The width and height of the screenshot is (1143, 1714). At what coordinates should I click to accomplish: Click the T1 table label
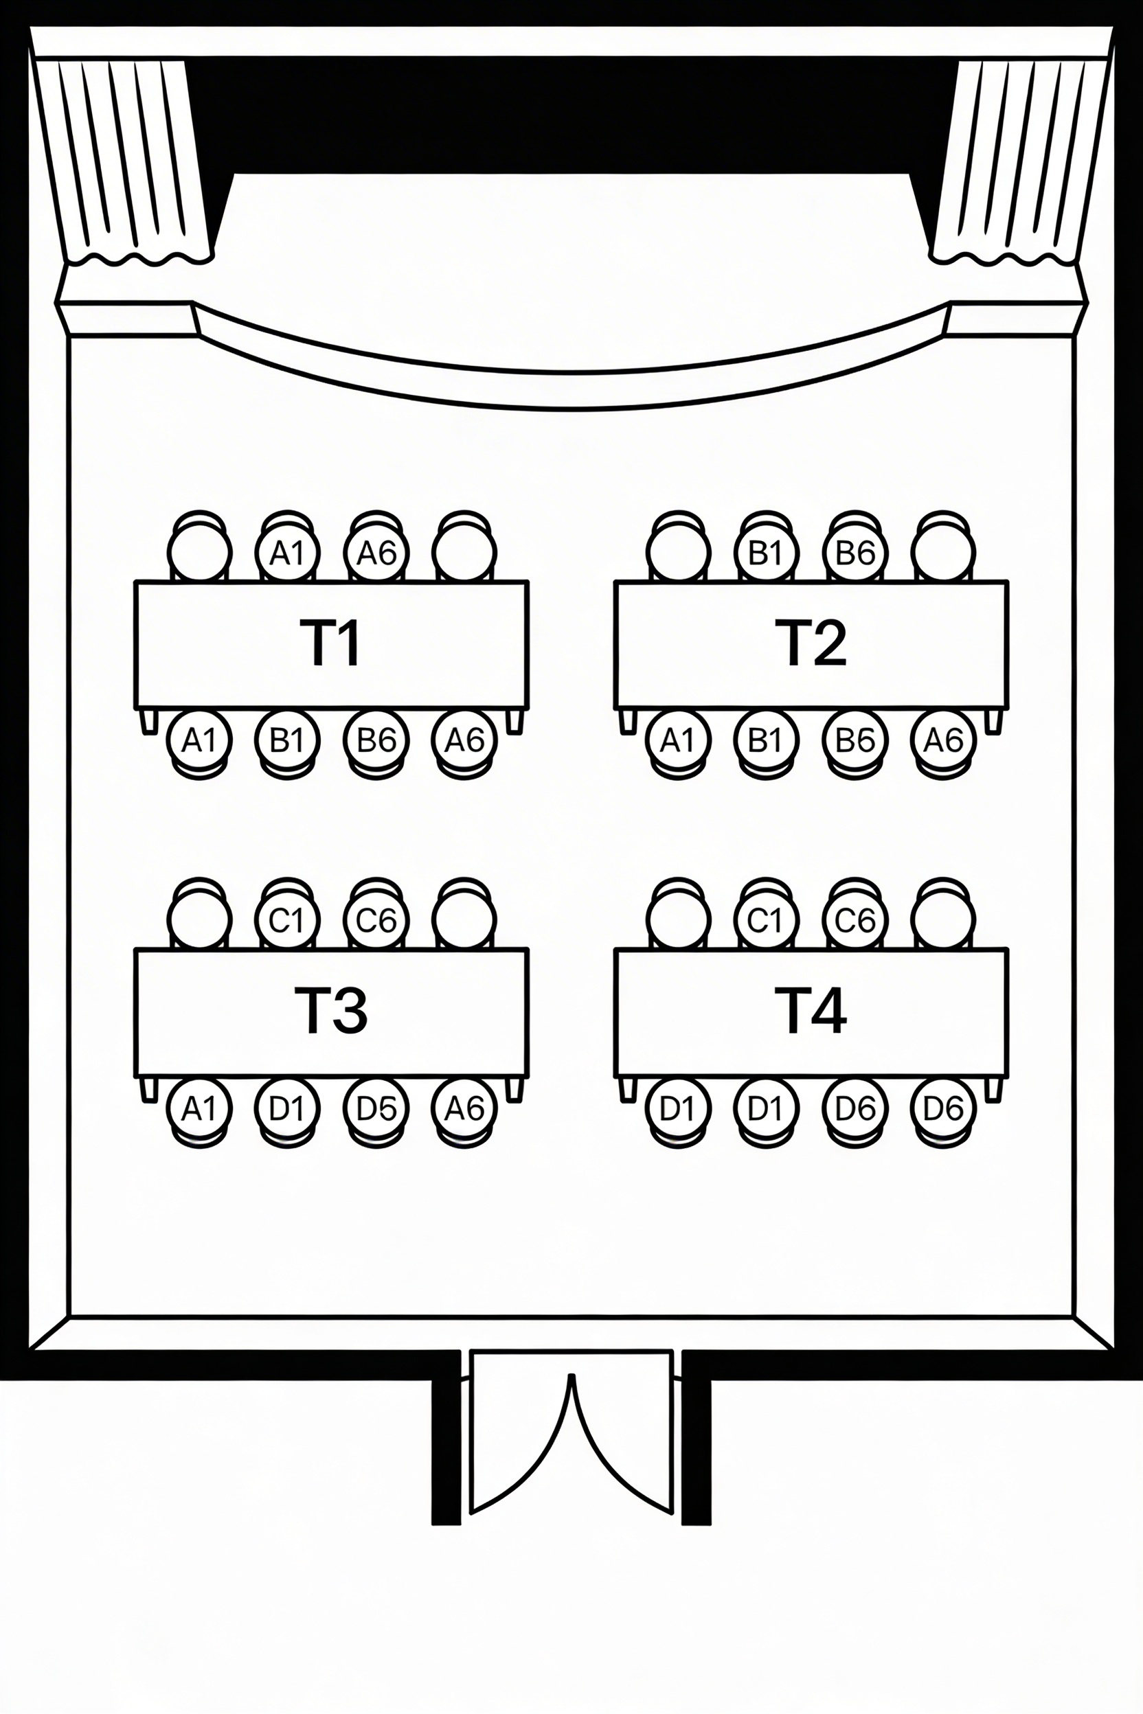(x=331, y=643)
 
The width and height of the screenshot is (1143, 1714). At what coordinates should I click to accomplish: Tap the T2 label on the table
(x=811, y=643)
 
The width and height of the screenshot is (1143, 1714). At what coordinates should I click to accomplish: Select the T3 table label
(x=331, y=1010)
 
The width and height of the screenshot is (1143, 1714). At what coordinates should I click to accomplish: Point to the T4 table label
(x=811, y=1010)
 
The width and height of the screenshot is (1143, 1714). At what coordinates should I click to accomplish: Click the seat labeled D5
(x=376, y=1108)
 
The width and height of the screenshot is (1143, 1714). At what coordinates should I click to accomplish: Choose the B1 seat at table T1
(x=287, y=740)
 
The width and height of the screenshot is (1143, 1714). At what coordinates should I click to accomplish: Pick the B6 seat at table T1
(x=376, y=740)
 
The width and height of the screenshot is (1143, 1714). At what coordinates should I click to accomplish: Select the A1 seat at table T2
(x=677, y=740)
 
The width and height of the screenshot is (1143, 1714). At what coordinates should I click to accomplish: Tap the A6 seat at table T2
(x=943, y=740)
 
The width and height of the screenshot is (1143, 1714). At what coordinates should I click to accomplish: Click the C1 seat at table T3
(x=287, y=920)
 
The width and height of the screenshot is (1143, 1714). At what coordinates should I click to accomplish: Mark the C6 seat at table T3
(x=376, y=920)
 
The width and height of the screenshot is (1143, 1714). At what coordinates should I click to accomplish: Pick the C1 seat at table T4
(x=766, y=920)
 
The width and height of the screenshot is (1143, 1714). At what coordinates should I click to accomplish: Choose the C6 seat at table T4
(x=855, y=920)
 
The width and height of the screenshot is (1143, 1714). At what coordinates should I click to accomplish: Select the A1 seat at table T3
(x=199, y=1108)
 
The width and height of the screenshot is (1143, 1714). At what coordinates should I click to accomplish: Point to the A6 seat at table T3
(x=464, y=1108)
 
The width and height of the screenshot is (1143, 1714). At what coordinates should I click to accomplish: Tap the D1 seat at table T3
(x=287, y=1108)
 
